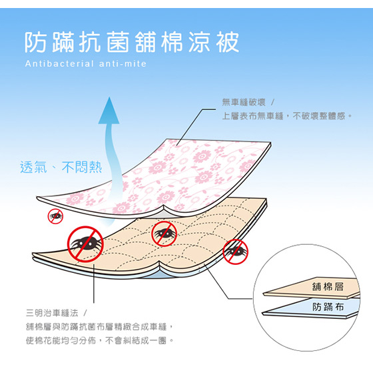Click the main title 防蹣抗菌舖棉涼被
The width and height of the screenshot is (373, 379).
coord(132,42)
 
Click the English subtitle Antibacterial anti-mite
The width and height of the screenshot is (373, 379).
coord(86,64)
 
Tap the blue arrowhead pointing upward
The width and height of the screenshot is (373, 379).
coord(109,111)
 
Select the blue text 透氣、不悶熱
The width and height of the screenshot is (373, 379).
coord(61,167)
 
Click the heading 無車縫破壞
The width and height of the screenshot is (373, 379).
coord(244,103)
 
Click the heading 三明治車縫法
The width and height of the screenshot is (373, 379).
coord(52,313)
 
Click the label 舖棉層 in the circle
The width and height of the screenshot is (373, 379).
coord(328,287)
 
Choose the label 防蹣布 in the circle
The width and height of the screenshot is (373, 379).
coord(328,307)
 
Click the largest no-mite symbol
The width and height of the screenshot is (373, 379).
coord(85,244)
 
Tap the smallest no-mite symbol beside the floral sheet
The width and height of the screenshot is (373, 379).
coord(55,216)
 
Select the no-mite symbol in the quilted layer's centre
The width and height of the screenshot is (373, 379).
coord(164,234)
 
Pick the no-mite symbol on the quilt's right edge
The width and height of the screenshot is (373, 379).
coord(235,252)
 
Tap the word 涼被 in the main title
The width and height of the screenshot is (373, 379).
coord(214,42)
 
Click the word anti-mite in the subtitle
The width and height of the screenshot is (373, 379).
coord(123,64)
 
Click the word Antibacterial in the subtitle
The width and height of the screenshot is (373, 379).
coord(59,64)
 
